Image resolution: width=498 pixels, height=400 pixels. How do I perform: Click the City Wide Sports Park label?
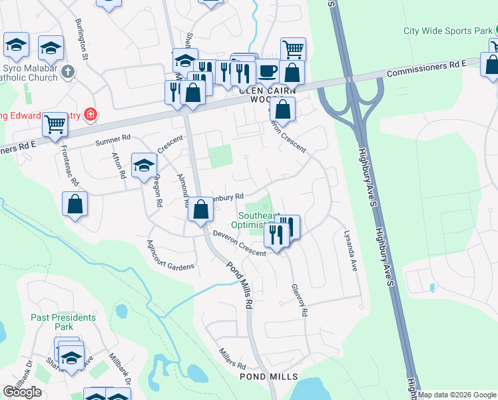coord(448,31)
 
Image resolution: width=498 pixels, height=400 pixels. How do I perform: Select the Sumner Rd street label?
coord(113,140)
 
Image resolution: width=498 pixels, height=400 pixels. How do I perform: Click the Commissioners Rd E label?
coord(426,67)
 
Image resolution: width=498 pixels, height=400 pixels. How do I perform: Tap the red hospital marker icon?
coord(90,115)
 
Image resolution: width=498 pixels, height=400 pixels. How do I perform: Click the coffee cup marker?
coord(268,70)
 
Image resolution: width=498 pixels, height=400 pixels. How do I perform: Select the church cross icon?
coord(67,71)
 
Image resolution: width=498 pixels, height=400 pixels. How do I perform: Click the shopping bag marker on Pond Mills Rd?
coord(200,209)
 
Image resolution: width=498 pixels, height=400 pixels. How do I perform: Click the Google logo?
coord(22,392)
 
